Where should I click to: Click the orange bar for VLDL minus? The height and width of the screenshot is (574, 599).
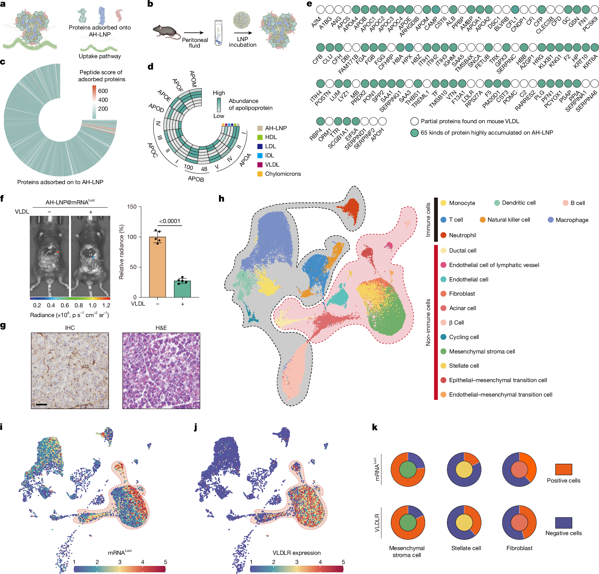(157, 267)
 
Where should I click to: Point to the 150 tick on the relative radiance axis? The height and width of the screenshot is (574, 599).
(132, 207)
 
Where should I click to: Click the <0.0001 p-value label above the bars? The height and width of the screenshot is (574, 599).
(170, 221)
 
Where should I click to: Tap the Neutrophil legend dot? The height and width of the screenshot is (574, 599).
(443, 235)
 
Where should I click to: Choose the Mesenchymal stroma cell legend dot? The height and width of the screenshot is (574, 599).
(443, 352)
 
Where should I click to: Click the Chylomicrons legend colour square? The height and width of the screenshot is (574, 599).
(260, 174)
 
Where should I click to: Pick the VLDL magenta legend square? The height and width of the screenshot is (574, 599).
(260, 165)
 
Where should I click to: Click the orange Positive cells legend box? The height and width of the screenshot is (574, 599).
(564, 469)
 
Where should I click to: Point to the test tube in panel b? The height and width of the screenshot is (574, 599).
(218, 33)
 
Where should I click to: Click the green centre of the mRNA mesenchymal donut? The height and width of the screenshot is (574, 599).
(408, 470)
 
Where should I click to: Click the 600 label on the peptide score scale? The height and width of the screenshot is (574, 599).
(103, 91)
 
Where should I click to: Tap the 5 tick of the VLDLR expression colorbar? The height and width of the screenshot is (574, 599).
(343, 562)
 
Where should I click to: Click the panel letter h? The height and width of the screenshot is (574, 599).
(222, 199)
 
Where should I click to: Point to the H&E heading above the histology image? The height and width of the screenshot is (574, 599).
(161, 328)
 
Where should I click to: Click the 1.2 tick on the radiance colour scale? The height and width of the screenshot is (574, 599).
(106, 305)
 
